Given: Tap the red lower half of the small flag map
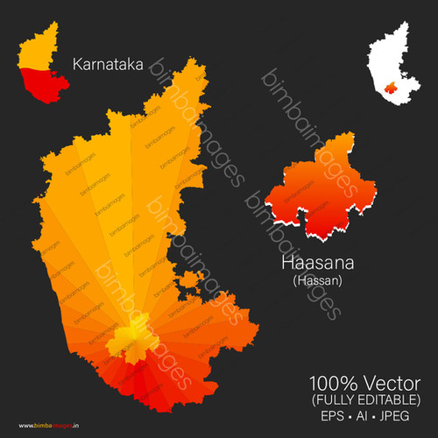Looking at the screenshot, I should pyautogui.click(x=39, y=86).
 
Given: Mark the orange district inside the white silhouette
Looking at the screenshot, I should pyautogui.click(x=389, y=88).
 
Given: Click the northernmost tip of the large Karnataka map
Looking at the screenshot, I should pyautogui.click(x=189, y=60).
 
